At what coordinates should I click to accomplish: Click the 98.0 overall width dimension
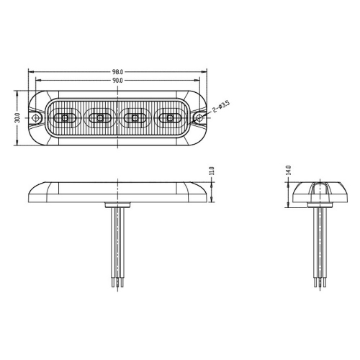[x=118, y=72]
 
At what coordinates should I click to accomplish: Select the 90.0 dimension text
[x=118, y=81]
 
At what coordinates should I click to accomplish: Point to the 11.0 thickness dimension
[x=212, y=173]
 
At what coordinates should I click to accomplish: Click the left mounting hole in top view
[x=35, y=117]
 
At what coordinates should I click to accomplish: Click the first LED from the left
[x=65, y=117]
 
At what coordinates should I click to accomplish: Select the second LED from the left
[x=101, y=117]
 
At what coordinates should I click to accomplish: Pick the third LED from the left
[x=135, y=117]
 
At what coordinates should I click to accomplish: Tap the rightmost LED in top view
[x=171, y=117]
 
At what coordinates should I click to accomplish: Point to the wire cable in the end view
[x=316, y=245]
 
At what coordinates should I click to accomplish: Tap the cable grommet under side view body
[x=118, y=205]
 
